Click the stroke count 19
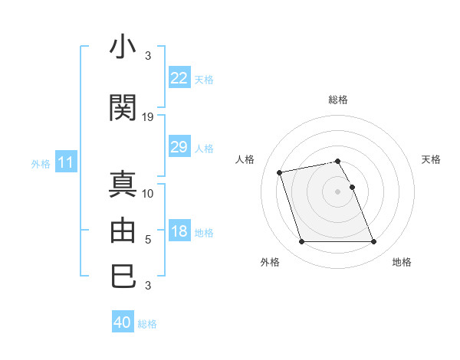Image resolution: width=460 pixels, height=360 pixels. [148, 117]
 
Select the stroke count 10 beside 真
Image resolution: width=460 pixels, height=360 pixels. [148, 194]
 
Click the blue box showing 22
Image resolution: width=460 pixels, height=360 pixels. [179, 78]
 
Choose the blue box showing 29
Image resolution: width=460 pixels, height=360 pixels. [179, 147]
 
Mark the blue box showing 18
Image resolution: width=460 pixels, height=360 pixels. [179, 231]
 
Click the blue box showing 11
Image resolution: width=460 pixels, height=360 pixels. [66, 162]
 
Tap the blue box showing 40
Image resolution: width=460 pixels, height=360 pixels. [122, 322]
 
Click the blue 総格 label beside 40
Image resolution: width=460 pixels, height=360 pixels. [147, 324]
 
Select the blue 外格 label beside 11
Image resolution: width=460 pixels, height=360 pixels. [41, 163]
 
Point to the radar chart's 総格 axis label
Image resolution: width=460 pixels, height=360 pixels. [338, 100]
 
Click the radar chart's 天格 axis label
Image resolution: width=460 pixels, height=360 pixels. [432, 159]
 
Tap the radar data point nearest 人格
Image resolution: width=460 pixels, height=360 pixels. [280, 172]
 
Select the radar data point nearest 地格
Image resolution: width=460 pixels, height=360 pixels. [373, 242]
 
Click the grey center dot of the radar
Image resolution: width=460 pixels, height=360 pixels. [338, 191]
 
